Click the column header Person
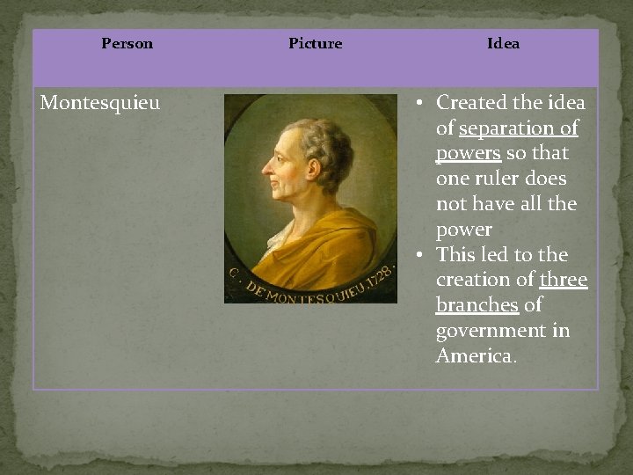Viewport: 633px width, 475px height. click(127, 43)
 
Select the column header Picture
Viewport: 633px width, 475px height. click(315, 43)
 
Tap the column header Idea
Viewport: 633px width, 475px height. click(503, 43)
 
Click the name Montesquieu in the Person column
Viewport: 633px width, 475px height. click(100, 103)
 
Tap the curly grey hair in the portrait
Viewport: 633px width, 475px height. click(321, 145)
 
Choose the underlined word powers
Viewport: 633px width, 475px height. click(468, 153)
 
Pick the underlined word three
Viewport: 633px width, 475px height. click(564, 280)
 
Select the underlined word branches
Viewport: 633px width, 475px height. click(477, 305)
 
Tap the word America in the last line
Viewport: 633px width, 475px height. click(474, 356)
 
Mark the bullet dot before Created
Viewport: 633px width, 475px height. click(421, 103)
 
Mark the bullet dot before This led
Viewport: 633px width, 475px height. click(421, 255)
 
